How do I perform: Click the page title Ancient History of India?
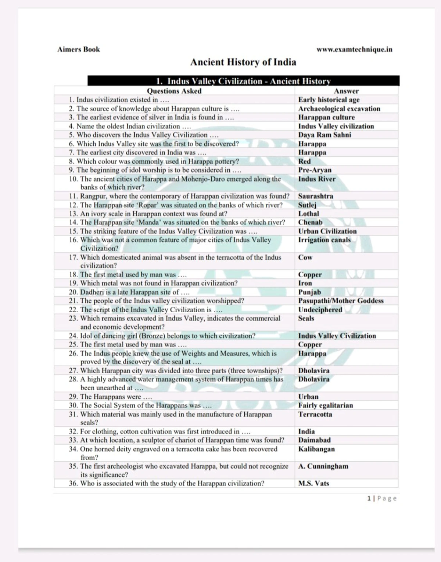tap(243, 62)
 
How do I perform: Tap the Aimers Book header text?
tap(79, 49)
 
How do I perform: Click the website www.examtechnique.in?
tap(354, 49)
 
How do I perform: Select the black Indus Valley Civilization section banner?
tap(243, 81)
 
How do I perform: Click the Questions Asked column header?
tap(174, 91)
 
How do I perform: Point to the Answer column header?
tap(346, 91)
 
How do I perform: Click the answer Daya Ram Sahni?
tap(325, 135)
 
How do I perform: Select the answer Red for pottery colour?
tap(304, 161)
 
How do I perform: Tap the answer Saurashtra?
tap(316, 196)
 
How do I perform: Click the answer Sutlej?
tap(307, 205)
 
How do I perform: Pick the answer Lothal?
tap(309, 214)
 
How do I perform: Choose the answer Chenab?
tap(310, 222)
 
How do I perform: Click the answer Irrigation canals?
tap(325, 240)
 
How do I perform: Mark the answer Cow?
tap(305, 257)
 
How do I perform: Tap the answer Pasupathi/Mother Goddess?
tap(341, 301)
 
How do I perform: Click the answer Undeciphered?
tap(320, 310)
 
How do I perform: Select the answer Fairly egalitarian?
tap(326, 405)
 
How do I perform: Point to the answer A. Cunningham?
tap(323, 466)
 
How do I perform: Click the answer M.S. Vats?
tap(313, 483)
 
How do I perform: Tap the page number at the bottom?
tap(382, 498)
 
